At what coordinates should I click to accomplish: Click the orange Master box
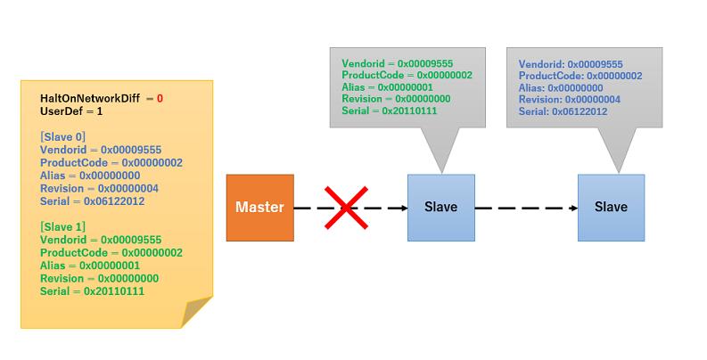[x=259, y=208]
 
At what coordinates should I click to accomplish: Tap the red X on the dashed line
[x=346, y=208]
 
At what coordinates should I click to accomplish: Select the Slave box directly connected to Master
[x=440, y=208]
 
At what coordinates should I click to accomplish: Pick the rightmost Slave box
[x=611, y=208]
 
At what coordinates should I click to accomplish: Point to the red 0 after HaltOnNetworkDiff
[x=160, y=98]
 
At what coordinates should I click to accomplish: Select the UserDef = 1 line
[x=71, y=111]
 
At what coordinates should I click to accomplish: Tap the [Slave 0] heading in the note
[x=62, y=136]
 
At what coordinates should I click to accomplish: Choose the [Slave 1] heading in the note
[x=62, y=227]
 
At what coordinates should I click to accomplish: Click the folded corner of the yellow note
[x=196, y=312]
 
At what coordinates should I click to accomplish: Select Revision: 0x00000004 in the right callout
[x=570, y=100]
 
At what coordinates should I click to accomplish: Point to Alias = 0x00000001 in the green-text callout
[x=387, y=87]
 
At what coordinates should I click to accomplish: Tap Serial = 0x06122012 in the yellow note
[x=92, y=201]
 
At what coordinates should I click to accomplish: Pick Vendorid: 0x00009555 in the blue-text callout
[x=571, y=64]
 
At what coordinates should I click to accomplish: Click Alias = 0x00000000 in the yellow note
[x=90, y=176]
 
